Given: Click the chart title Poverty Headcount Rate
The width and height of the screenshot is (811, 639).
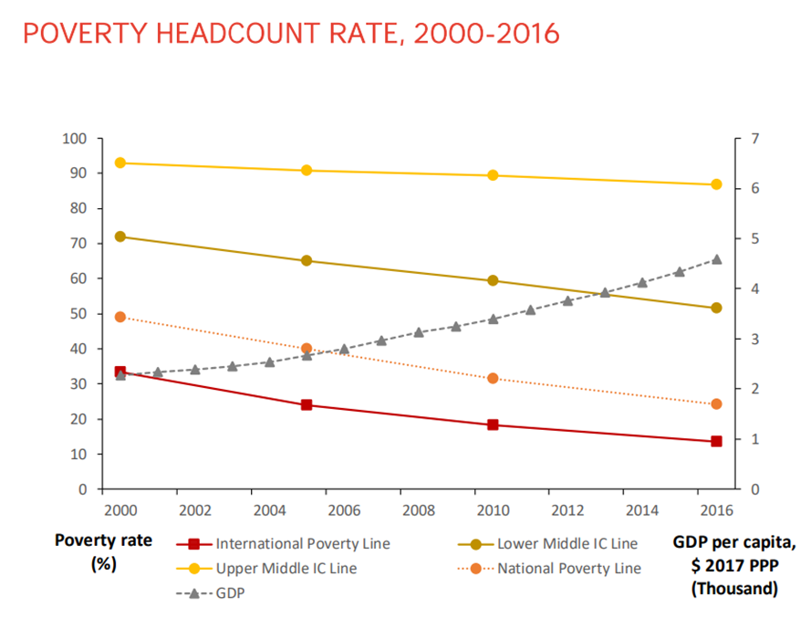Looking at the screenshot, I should [290, 34].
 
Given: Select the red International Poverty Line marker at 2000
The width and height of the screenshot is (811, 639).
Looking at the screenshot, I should [120, 372].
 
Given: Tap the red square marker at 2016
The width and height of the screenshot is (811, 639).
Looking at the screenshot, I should [716, 441].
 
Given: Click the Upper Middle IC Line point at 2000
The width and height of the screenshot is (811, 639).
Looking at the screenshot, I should [120, 162].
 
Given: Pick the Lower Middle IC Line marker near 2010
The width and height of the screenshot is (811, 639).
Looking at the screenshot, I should [493, 280].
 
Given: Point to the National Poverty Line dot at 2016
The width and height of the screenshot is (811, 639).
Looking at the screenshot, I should [716, 403].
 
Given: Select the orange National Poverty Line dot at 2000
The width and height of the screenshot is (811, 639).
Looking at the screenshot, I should [120, 317].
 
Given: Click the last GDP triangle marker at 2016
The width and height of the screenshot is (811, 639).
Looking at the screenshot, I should [716, 259].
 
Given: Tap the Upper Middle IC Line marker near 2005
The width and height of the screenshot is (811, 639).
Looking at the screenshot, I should [307, 170].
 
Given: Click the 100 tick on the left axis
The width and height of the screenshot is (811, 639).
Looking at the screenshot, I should [74, 139].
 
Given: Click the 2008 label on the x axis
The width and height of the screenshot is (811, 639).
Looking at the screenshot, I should [418, 508].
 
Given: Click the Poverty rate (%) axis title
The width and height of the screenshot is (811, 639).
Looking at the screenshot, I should [91, 551].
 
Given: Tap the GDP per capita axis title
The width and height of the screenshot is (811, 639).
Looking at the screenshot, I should [733, 566].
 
